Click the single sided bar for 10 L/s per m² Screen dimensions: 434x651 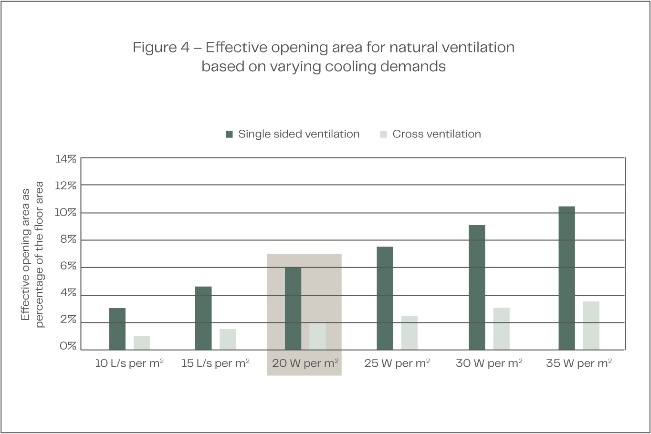(117, 329)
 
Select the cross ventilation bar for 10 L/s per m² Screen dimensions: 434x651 (142, 342)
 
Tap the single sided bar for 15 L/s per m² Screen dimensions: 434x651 (203, 318)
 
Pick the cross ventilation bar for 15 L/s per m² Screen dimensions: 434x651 (228, 339)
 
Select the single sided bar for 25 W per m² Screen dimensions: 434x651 (385, 298)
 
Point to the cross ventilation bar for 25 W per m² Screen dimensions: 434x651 (409, 332)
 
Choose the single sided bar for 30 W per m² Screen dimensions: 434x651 (477, 287)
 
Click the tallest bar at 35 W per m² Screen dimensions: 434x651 (567, 278)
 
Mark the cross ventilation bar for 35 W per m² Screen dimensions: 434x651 (591, 325)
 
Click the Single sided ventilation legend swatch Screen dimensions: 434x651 (229, 134)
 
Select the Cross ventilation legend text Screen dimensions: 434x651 (436, 134)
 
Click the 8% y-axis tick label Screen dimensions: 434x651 (68, 240)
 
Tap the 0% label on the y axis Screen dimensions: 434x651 (68, 346)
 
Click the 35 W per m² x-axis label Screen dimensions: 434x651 (579, 363)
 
